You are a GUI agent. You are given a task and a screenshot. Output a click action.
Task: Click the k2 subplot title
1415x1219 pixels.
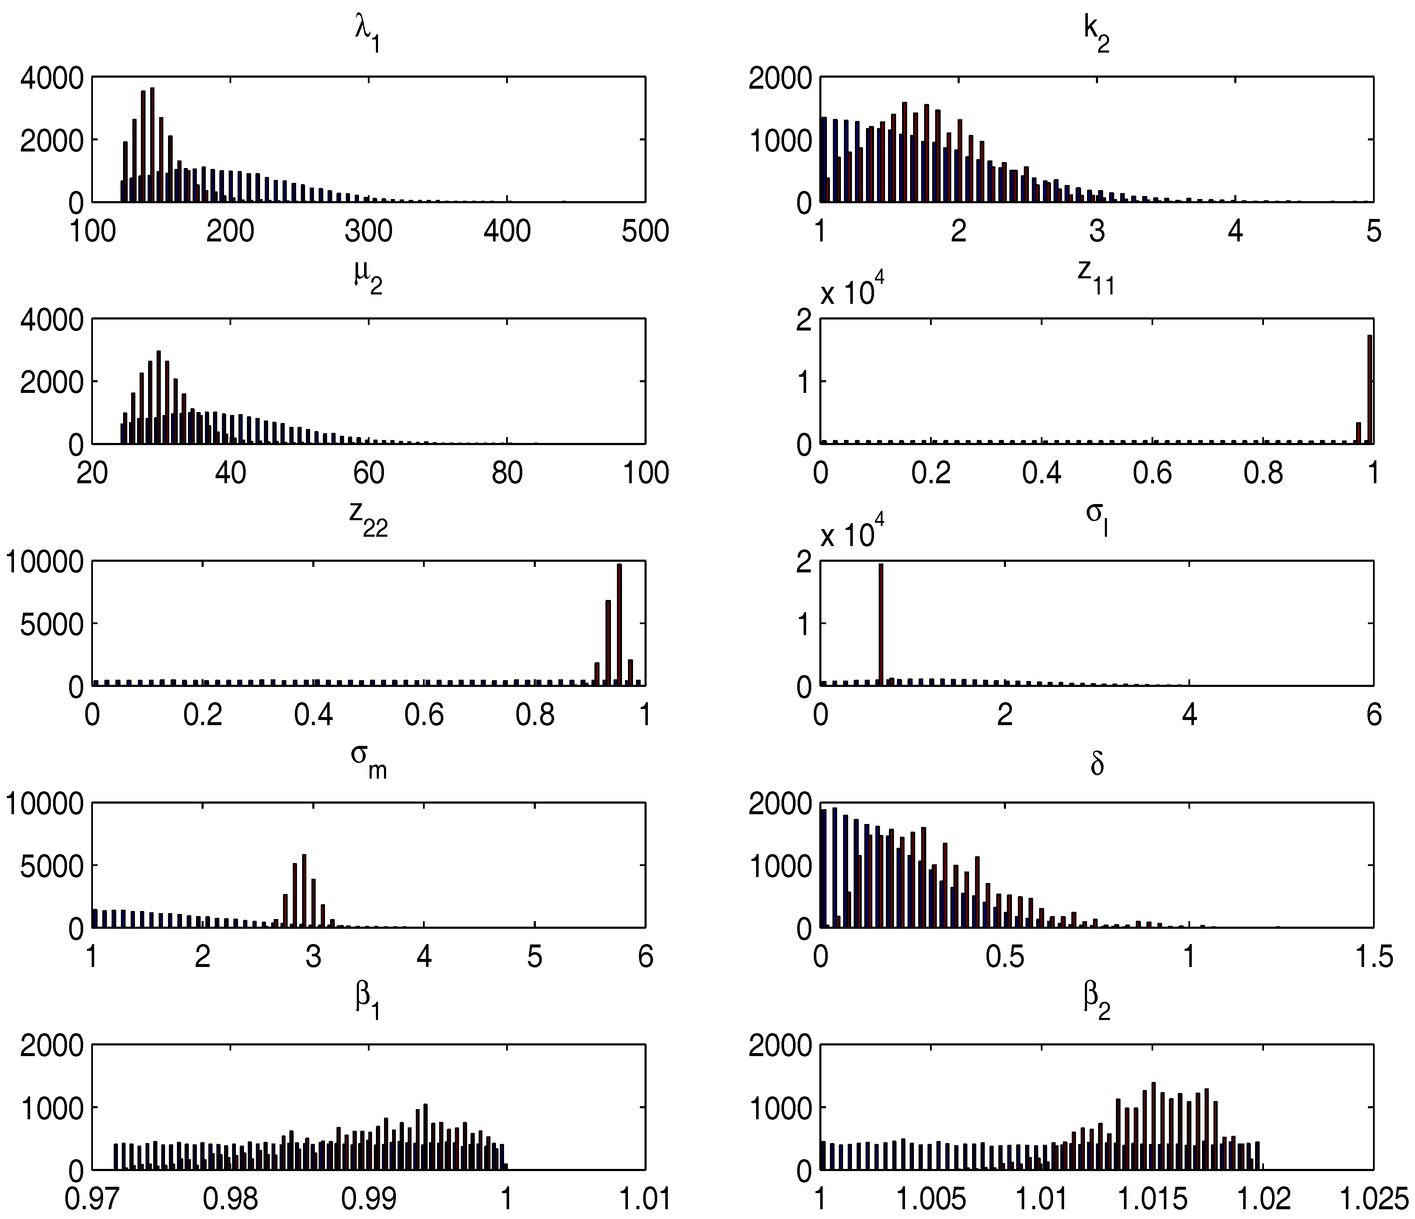click(1096, 38)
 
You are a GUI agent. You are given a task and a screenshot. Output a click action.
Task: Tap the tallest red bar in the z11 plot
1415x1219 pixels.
click(1370, 389)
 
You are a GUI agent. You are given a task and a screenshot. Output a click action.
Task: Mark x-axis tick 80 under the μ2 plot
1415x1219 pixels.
click(507, 473)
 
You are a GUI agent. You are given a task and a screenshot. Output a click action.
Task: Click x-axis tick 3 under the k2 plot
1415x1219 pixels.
click(1097, 231)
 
